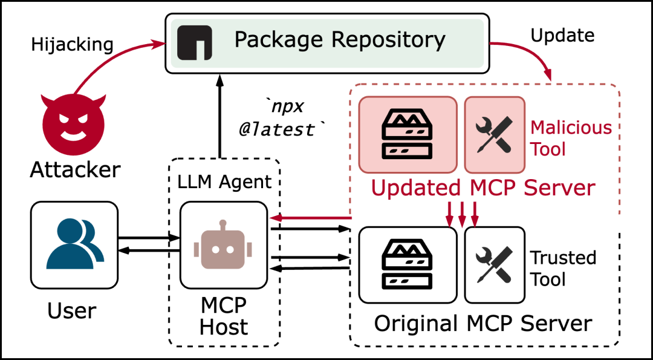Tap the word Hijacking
pyautogui.click(x=73, y=44)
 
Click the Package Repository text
pyautogui.click(x=340, y=40)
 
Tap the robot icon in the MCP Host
pyautogui.click(x=223, y=244)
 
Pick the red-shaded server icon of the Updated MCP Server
pyautogui.click(x=408, y=134)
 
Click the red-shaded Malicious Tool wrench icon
pyautogui.click(x=493, y=134)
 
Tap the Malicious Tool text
pyautogui.click(x=570, y=138)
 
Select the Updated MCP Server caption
pyautogui.click(x=483, y=188)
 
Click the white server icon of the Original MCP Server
pyautogui.click(x=408, y=265)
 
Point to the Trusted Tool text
pyautogui.click(x=563, y=268)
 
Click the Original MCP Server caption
pyautogui.click(x=482, y=323)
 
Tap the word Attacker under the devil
pyautogui.click(x=75, y=170)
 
